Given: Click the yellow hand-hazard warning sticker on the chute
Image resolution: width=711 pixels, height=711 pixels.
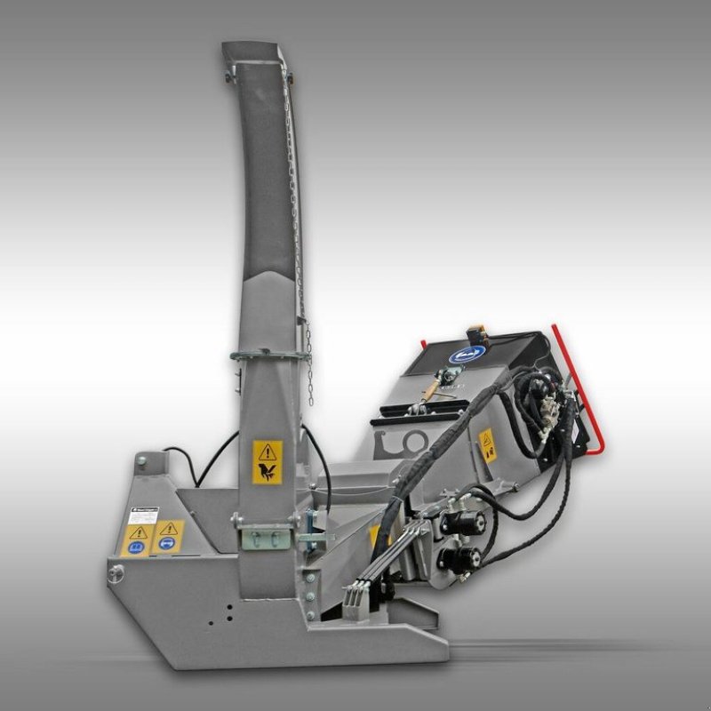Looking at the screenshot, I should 266,461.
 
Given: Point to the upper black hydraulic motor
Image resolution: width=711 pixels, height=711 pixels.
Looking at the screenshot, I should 463,524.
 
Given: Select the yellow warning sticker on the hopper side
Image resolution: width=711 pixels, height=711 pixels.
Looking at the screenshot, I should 486,443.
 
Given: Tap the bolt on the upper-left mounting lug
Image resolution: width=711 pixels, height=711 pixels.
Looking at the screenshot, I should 140,462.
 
